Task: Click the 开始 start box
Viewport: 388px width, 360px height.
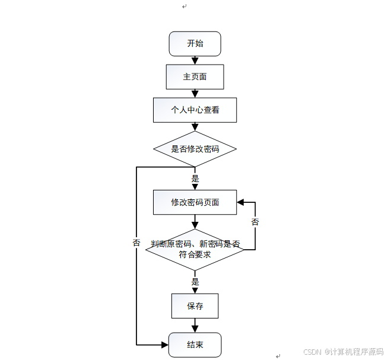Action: [x=195, y=43]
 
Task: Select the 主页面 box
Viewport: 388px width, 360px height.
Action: [x=195, y=77]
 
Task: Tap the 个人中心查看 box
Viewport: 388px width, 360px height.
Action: [x=195, y=110]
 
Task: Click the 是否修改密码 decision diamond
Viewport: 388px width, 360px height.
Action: [x=195, y=148]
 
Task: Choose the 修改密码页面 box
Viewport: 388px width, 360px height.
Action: [x=195, y=202]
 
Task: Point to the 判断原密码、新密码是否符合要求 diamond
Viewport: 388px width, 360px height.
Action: [x=195, y=249]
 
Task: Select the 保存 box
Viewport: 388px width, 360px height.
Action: [x=195, y=306]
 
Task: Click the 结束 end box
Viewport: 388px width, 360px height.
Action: [x=195, y=345]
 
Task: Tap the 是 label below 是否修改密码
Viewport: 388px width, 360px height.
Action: [x=195, y=178]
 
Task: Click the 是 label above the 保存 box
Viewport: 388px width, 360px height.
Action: [x=195, y=282]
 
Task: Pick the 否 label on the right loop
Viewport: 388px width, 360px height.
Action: [x=255, y=222]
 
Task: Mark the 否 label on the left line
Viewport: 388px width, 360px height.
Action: [x=136, y=243]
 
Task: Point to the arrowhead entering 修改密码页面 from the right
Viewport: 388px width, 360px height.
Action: [x=241, y=202]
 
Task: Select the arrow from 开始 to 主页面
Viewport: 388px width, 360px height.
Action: [x=195, y=60]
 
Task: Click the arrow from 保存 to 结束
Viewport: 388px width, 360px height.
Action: [x=195, y=326]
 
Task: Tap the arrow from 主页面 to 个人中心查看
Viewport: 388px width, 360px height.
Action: [x=195, y=93]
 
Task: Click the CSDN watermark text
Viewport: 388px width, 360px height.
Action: [x=344, y=352]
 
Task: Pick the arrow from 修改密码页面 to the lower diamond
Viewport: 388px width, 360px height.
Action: [x=195, y=222]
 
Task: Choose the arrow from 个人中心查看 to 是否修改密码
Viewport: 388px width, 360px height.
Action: [x=195, y=128]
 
